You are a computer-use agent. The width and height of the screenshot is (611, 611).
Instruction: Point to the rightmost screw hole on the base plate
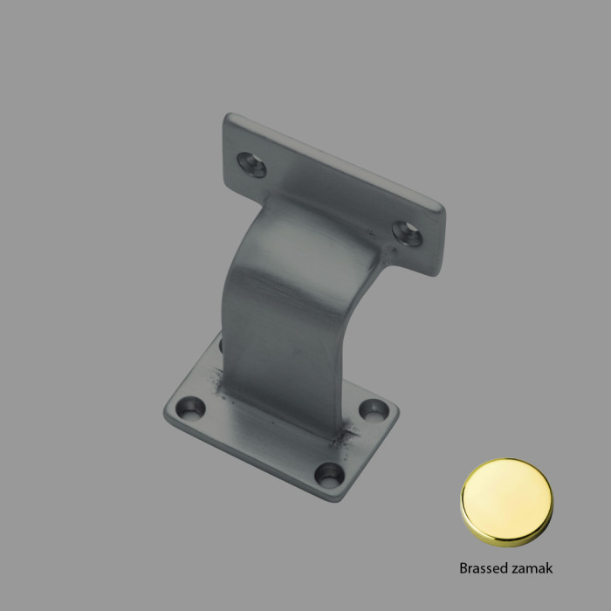[375, 408]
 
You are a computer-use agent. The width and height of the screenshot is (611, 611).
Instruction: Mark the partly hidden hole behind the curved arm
[221, 347]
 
